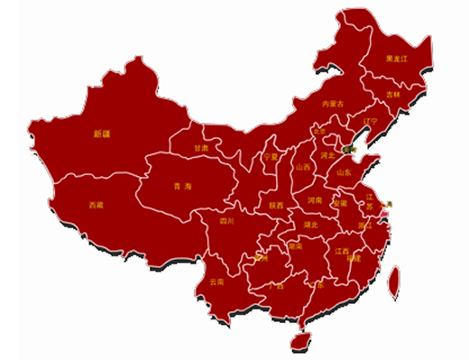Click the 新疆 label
101,134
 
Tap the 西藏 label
96,205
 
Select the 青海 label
183,186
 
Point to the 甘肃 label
201,147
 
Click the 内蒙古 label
333,105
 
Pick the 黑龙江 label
397,59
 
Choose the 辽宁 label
370,121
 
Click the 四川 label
227,220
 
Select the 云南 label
216,282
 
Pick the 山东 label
343,171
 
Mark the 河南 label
315,199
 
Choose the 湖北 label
310,224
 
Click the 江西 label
342,251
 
